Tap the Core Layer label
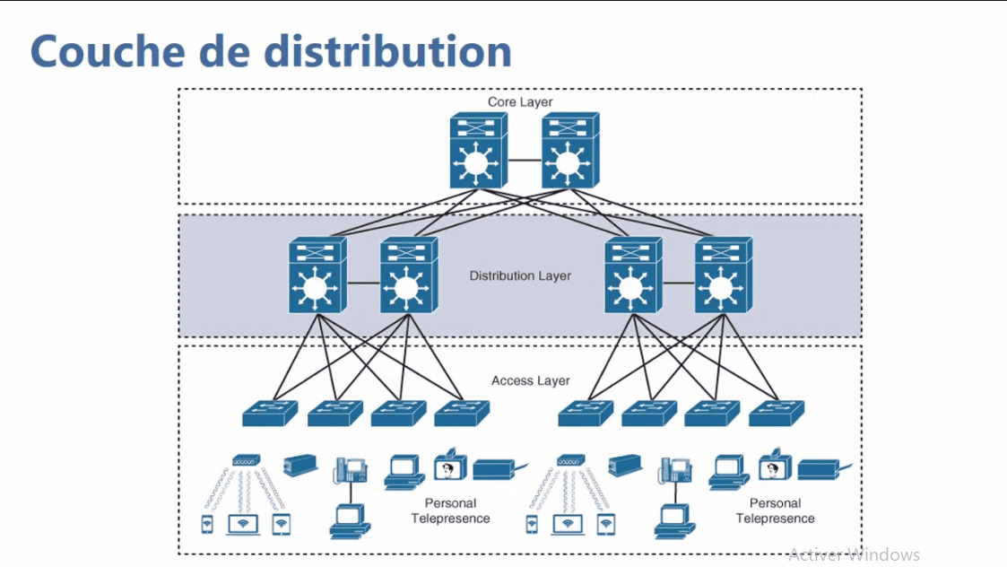[520, 102]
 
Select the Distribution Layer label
[520, 275]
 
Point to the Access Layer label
[530, 380]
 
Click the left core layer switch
[478, 153]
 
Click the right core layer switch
[569, 153]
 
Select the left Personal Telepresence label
[450, 510]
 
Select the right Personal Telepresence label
[775, 510]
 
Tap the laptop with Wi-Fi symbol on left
[243, 524]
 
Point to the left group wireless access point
[246, 460]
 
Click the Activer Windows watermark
[853, 554]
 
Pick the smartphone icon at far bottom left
[207, 525]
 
